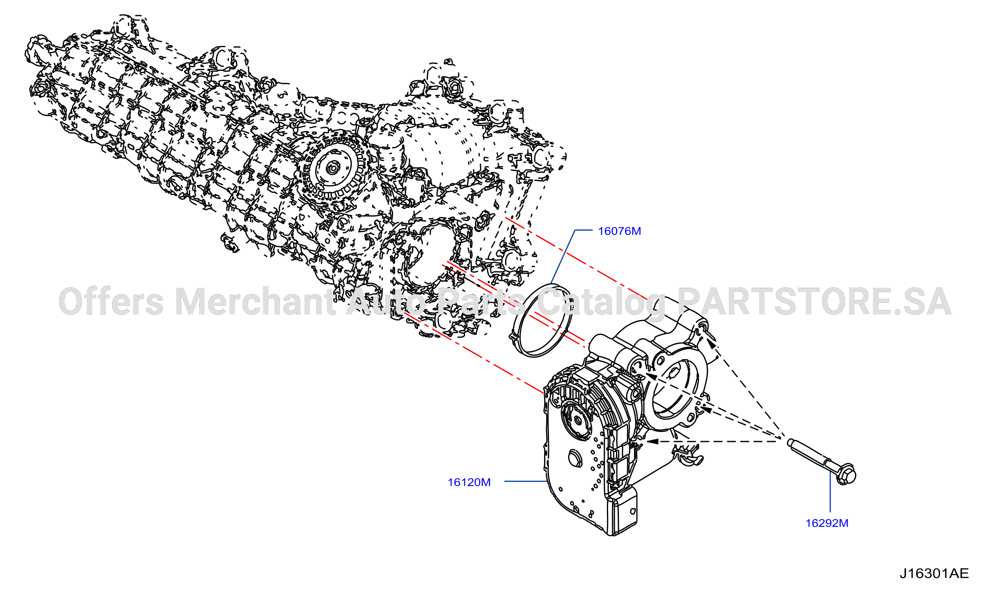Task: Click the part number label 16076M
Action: point(619,231)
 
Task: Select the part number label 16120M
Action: point(469,483)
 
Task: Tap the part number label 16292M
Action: point(826,523)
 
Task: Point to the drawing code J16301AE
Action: point(934,573)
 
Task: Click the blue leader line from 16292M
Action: point(830,492)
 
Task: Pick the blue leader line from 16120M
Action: point(526,482)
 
